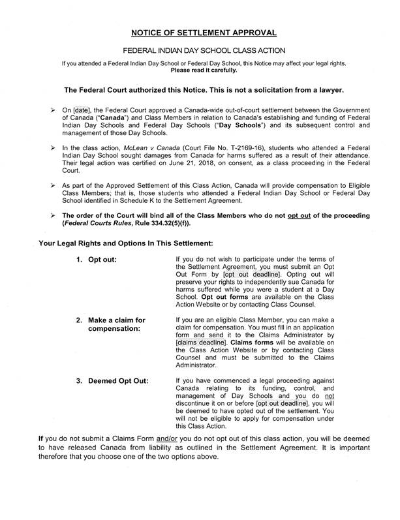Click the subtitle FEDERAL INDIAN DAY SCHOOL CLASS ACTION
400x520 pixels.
tap(200, 50)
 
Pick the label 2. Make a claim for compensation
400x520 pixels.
tap(112, 325)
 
